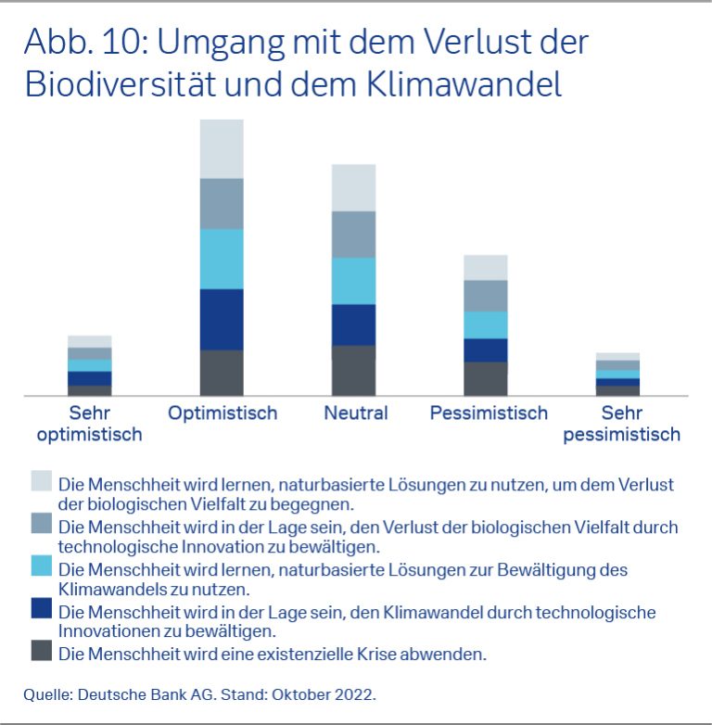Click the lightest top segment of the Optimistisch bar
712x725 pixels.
coord(222,148)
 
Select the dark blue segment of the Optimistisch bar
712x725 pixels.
coord(222,319)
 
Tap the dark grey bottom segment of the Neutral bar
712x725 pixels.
coord(353,370)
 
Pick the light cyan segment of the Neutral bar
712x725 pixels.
coord(353,280)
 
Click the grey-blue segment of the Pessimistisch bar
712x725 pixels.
coord(485,296)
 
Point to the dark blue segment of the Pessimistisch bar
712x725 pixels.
coord(485,350)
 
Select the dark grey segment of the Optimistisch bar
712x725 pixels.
coord(222,373)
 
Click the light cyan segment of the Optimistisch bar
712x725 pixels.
coord(222,259)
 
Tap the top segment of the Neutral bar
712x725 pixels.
coord(353,187)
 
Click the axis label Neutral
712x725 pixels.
coord(355,413)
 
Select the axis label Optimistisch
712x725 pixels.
coord(222,413)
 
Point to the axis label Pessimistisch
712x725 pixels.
coord(489,413)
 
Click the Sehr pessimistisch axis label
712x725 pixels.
coord(621,424)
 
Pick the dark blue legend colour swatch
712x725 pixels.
coord(41,608)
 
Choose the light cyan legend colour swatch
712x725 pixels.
coord(41,566)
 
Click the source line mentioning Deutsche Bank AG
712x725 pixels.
coord(200,693)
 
